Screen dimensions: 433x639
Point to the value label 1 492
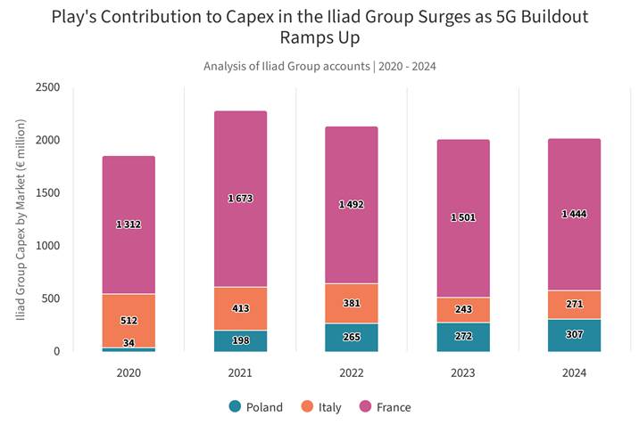(x=352, y=205)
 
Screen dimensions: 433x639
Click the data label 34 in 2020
(x=129, y=343)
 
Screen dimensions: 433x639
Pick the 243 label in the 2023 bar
(x=463, y=309)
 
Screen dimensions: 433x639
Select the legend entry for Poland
(x=256, y=407)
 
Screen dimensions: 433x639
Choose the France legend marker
(x=363, y=407)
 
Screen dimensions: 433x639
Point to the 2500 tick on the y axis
(x=47, y=87)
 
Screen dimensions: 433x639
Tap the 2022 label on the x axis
(x=352, y=372)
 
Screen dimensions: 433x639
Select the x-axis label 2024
(x=574, y=372)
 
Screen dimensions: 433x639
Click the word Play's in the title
(x=79, y=17)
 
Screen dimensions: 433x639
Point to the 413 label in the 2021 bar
(x=240, y=308)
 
